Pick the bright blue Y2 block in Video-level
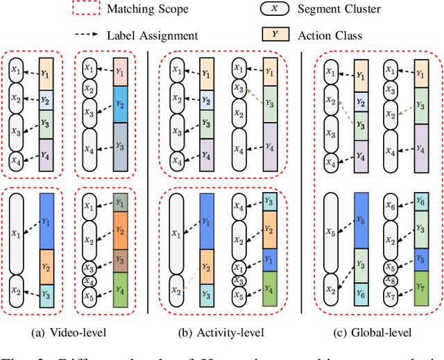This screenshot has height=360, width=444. coord(120,103)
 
